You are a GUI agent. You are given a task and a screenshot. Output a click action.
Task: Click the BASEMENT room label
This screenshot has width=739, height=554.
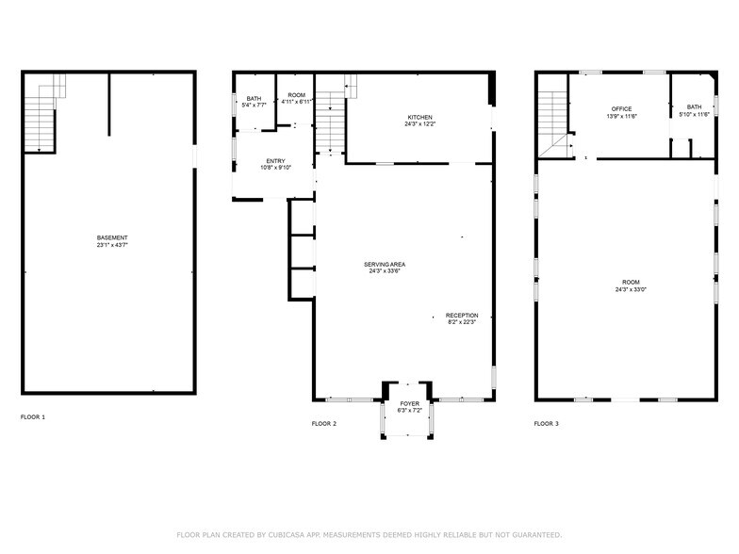(112, 237)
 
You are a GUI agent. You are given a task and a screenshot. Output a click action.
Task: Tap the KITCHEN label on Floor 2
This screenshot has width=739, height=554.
(420, 117)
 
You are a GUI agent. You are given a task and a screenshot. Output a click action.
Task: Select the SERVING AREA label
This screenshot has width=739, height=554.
(385, 265)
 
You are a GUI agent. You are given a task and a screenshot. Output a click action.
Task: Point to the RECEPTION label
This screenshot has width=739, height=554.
(462, 315)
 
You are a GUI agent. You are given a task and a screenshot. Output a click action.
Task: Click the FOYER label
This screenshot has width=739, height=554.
(409, 403)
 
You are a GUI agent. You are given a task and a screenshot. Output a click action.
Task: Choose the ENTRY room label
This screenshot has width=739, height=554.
(275, 161)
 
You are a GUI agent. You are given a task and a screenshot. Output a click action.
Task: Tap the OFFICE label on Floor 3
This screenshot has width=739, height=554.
(622, 109)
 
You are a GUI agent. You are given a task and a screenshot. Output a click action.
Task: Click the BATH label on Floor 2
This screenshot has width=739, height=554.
(254, 98)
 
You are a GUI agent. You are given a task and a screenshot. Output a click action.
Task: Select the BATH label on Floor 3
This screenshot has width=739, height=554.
(694, 107)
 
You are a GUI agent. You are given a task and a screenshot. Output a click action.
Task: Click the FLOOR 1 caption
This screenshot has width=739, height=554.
(33, 416)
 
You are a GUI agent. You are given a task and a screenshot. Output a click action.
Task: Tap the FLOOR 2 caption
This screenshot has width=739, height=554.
(324, 424)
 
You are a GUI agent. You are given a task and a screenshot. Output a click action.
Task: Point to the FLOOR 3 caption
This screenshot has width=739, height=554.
(547, 424)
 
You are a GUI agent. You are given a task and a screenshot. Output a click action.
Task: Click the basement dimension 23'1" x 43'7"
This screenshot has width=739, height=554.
(112, 245)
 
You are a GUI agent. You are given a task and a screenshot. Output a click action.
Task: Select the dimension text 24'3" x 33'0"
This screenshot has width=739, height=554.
(631, 289)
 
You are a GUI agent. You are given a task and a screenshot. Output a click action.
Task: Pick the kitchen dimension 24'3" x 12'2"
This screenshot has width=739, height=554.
(420, 124)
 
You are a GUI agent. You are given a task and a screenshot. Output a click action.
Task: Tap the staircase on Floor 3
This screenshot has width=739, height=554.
(555, 123)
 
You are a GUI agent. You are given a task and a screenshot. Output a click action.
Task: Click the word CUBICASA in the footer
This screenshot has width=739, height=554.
(287, 535)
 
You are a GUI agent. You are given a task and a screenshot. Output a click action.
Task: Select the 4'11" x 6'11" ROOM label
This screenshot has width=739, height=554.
(296, 98)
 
